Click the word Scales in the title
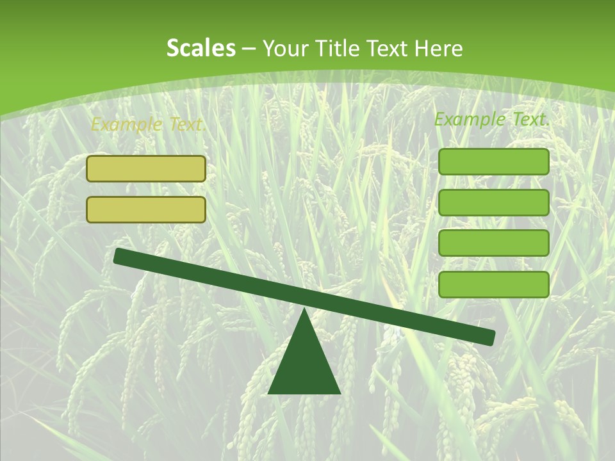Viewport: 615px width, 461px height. click(x=201, y=48)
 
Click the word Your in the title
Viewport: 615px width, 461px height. click(x=285, y=49)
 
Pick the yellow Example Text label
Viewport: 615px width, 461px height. click(x=148, y=125)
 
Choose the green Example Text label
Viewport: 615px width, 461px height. click(x=492, y=119)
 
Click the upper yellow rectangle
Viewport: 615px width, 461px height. click(x=146, y=168)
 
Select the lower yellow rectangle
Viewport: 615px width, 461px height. click(x=146, y=209)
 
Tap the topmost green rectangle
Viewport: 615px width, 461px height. click(x=493, y=161)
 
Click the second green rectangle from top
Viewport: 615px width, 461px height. click(x=493, y=202)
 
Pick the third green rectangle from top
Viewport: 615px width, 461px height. click(x=493, y=243)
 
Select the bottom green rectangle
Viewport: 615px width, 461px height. click(x=493, y=284)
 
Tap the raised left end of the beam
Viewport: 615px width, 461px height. click(x=119, y=255)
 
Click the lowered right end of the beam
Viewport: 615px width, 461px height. click(x=489, y=337)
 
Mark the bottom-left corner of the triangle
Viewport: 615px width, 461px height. click(x=269, y=392)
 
